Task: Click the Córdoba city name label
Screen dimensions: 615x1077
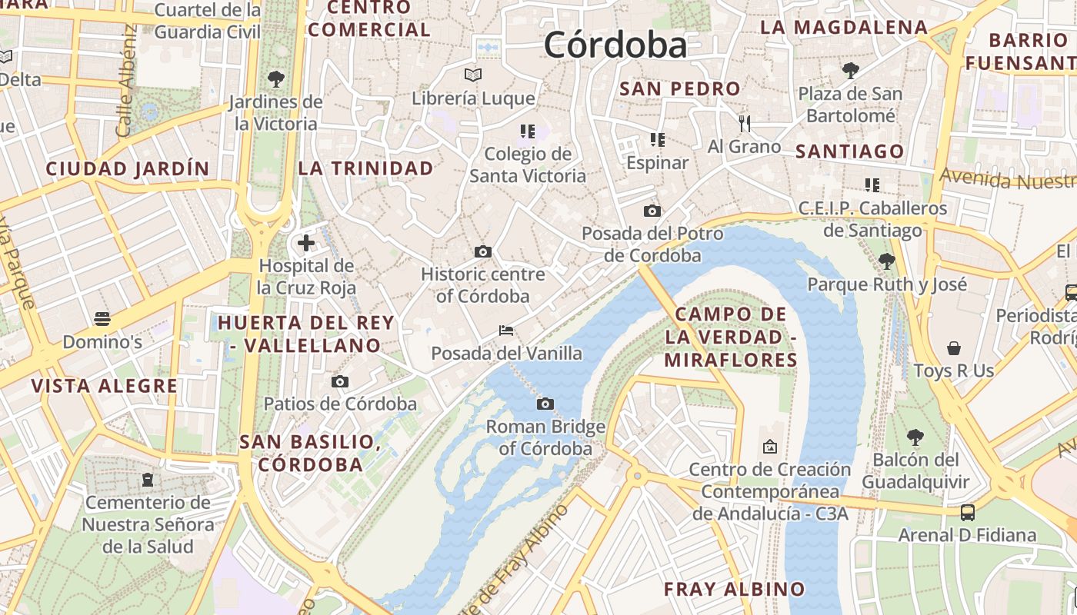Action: point(615,45)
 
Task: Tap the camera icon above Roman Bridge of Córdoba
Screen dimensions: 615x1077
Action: point(545,404)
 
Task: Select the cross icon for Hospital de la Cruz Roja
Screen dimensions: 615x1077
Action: point(306,244)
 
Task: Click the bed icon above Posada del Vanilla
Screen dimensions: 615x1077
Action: point(506,331)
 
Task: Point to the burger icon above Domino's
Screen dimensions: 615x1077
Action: point(102,319)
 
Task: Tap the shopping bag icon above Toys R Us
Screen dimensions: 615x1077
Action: point(954,348)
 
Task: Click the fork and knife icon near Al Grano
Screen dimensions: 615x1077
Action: point(744,123)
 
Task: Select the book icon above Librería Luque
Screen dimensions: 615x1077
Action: point(473,75)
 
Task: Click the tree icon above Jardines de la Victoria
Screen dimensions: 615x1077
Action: point(275,78)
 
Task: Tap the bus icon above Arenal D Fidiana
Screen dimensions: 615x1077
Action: point(968,512)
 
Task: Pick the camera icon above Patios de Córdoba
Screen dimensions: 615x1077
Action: point(339,381)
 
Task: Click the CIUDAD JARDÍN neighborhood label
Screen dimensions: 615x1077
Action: point(127,168)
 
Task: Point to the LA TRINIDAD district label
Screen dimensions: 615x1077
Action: point(366,168)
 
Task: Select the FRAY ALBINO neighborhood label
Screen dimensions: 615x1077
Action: point(734,590)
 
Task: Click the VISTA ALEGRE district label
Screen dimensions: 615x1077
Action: point(105,386)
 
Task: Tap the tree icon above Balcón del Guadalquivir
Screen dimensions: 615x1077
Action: point(915,437)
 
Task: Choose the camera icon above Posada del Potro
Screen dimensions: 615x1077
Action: point(652,211)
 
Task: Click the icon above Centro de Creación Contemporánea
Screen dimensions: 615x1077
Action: point(769,447)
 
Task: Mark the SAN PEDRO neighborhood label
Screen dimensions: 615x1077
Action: point(680,88)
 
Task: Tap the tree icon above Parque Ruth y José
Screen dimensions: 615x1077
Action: point(886,261)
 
